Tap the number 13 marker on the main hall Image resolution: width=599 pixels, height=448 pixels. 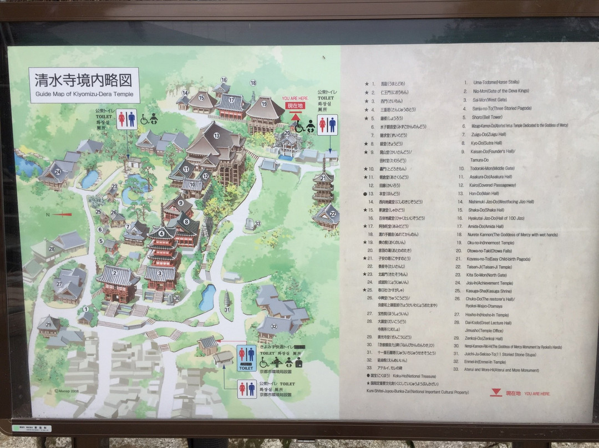pos(216,136)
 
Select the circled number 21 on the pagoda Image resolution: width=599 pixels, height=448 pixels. pos(323,178)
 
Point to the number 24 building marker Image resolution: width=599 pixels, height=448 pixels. pos(58,171)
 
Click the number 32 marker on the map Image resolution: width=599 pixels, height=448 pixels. pos(273,325)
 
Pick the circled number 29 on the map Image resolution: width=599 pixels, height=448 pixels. pos(49,324)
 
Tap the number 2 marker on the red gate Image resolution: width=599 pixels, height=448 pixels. pos(115,272)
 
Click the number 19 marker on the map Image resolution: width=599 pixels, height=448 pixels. pos(265,104)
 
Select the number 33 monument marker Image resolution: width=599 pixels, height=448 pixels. pos(257,223)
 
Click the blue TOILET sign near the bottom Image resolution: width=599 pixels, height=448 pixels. pos(246,366)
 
